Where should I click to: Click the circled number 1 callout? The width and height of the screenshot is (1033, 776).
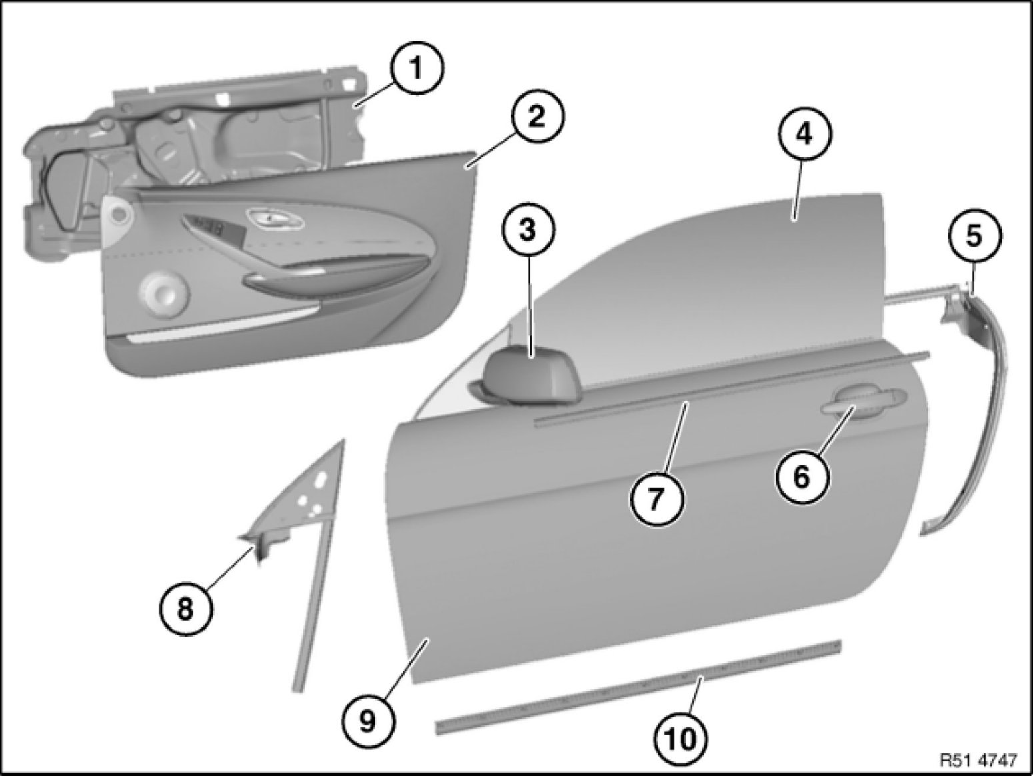pyautogui.click(x=417, y=69)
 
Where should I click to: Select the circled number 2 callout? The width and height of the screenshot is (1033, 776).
pyautogui.click(x=537, y=116)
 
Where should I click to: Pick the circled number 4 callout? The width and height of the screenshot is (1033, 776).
pyautogui.click(x=805, y=135)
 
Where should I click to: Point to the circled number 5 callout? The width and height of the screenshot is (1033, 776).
pyautogui.click(x=974, y=236)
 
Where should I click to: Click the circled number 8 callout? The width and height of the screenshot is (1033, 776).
pyautogui.click(x=185, y=611)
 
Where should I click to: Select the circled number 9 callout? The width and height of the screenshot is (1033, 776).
pyautogui.click(x=368, y=721)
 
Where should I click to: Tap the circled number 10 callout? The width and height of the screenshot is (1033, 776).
pyautogui.click(x=680, y=740)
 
